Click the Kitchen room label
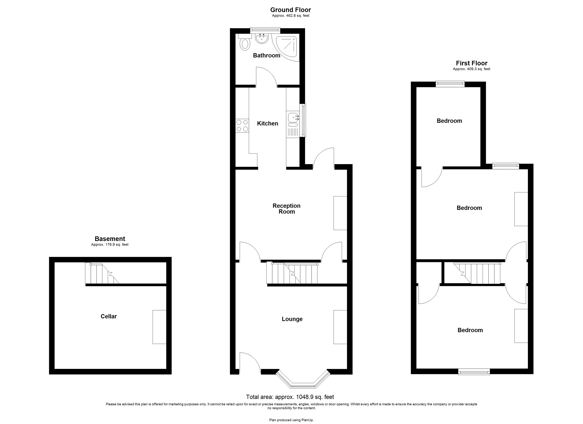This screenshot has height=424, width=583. point(267,123)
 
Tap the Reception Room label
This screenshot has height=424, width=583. point(286,208)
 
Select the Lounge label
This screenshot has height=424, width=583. point(292,319)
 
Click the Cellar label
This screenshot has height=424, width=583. point(108,316)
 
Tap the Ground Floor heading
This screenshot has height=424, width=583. point(290,10)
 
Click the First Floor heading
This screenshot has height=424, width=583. point(472,63)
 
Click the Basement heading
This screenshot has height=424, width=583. point(110,239)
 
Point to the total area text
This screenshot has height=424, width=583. point(290,397)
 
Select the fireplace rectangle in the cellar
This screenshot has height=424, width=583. point(159,327)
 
